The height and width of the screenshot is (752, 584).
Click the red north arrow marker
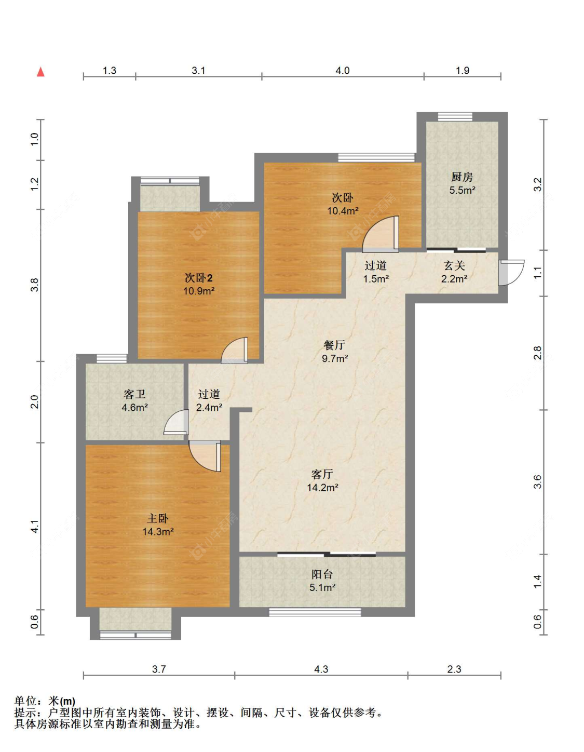(x=41, y=72)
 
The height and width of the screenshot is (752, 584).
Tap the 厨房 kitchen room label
(x=462, y=177)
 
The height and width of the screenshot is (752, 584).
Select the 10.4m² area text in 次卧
(x=343, y=210)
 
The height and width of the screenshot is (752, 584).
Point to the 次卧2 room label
(x=198, y=277)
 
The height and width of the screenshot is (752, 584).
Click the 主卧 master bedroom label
(x=158, y=518)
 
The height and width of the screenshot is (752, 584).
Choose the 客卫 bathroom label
(x=134, y=394)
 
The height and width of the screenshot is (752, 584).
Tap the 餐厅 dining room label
(x=334, y=345)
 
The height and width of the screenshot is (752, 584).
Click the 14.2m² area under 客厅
(x=322, y=488)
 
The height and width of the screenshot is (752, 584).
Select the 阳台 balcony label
(x=322, y=574)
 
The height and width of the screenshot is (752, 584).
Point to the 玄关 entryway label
(x=454, y=265)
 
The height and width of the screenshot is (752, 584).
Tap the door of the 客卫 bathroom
(x=176, y=422)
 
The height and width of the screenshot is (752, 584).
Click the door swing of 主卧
(x=205, y=456)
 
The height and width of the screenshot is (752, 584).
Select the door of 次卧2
(x=235, y=350)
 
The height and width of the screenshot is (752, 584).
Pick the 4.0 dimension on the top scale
(x=343, y=71)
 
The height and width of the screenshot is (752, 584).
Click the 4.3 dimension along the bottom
(x=321, y=669)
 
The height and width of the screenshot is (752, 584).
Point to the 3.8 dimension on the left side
(x=35, y=285)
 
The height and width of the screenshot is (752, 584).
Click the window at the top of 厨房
(x=455, y=117)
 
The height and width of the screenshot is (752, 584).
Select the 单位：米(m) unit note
(x=45, y=701)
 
